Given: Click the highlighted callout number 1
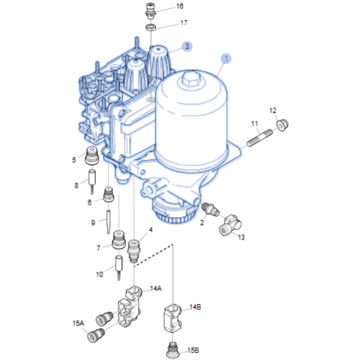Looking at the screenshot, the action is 226,59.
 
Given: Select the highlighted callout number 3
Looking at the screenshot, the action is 187,46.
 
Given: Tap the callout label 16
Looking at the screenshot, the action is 180,6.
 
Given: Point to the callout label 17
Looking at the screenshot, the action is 184,23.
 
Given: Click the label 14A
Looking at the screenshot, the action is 156,288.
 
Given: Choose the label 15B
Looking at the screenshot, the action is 193,350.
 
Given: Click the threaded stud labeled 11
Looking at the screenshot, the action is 260,138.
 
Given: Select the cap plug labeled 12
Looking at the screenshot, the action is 282,125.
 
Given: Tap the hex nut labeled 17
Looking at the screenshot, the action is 150,28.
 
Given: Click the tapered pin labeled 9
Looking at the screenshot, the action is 108,222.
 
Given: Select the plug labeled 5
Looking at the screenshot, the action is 92,156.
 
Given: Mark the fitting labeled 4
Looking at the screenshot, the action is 134,251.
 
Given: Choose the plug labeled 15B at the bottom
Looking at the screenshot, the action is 173,350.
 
